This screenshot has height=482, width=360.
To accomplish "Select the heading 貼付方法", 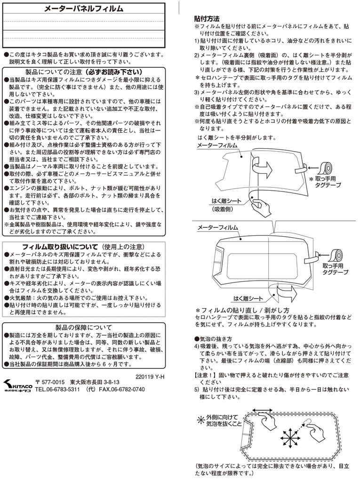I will pyautogui.click(x=207, y=19).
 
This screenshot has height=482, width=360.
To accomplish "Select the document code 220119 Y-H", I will pyautogui.click(x=149, y=376).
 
